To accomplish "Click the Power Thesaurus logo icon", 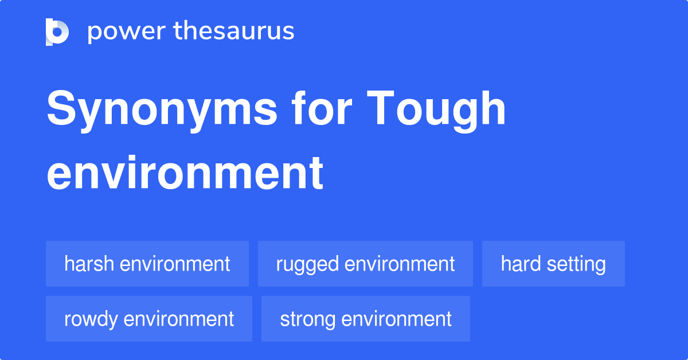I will (57, 32).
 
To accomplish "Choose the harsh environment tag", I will (147, 264).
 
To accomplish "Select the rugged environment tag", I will (365, 264).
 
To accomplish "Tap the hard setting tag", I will (553, 264).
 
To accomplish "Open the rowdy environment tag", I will (149, 319).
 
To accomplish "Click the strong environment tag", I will (366, 319).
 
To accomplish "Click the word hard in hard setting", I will (521, 264).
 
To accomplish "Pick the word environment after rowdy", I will (178, 319).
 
